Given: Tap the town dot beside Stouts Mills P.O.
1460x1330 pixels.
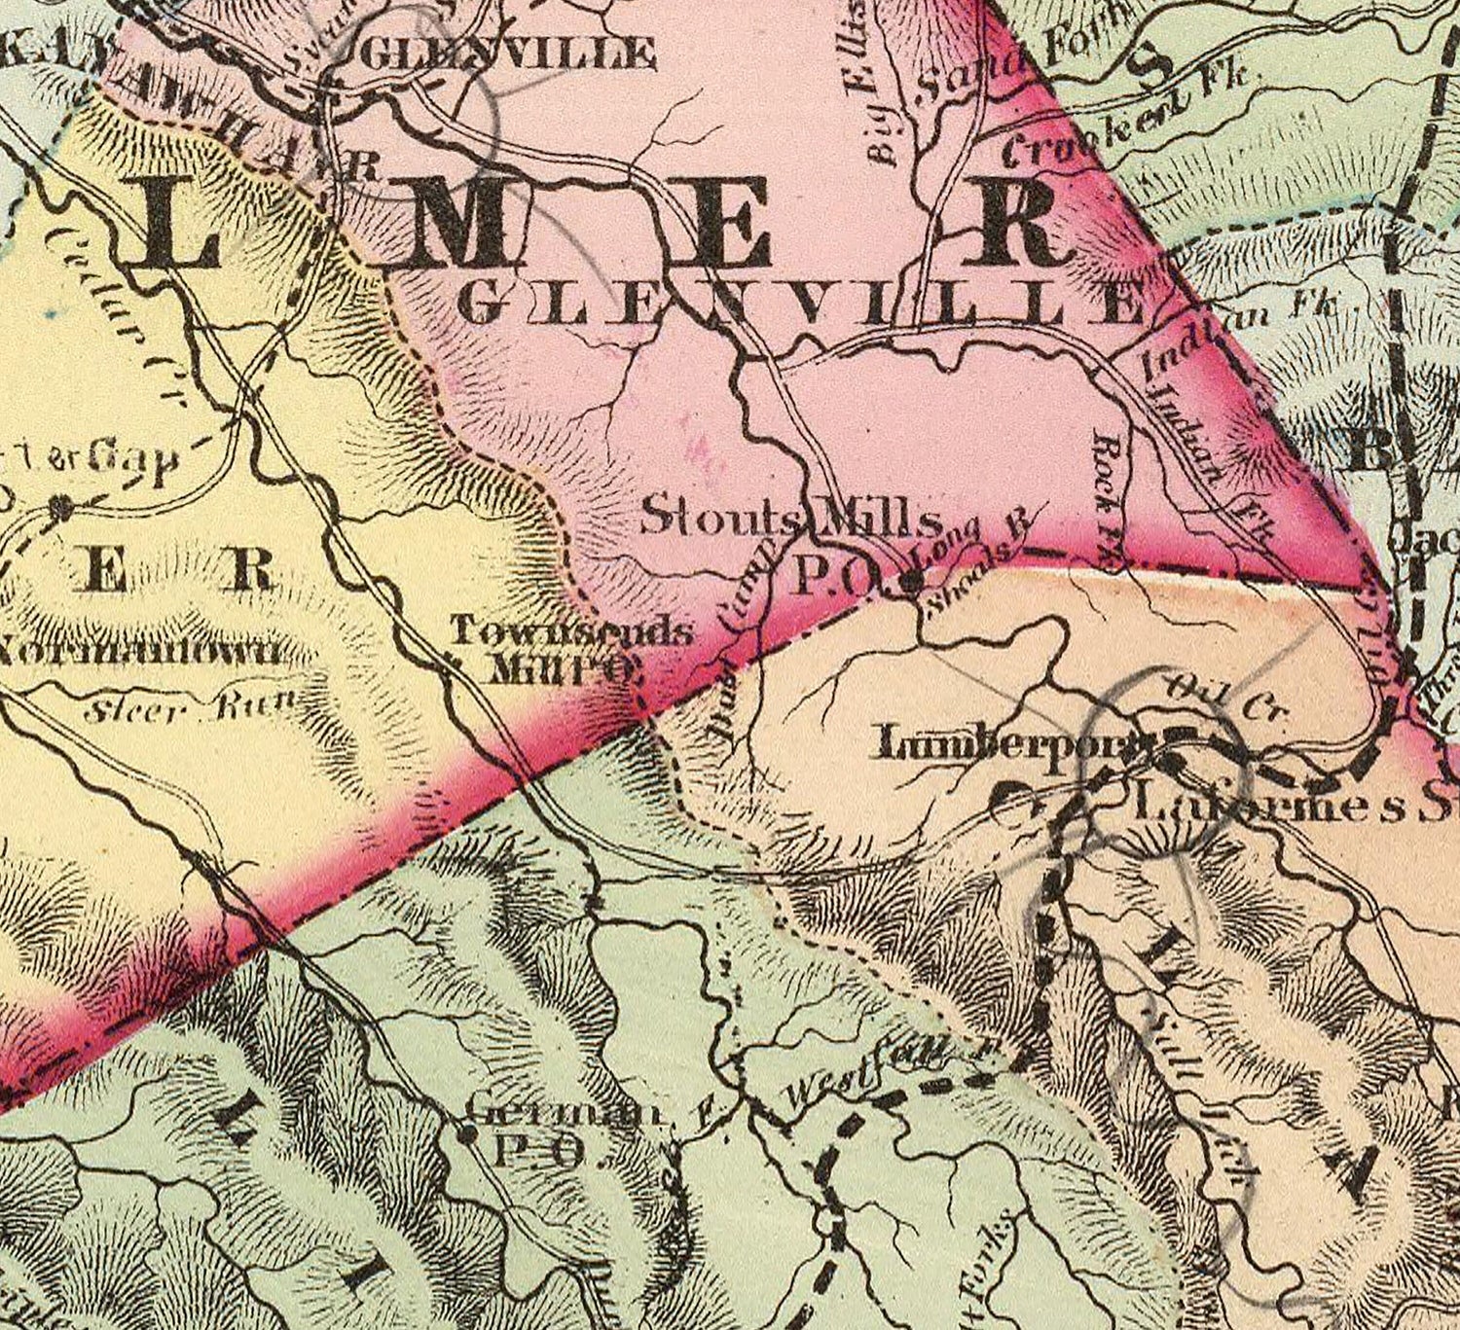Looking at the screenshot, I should (912, 582).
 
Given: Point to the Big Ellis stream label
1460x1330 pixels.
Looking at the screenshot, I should (882, 97).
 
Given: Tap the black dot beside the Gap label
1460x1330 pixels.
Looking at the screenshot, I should (63, 506).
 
